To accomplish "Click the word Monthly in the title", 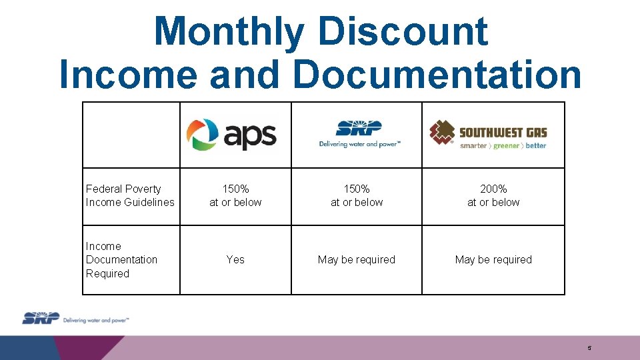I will (x=229, y=31).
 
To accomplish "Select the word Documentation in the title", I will (x=437, y=74).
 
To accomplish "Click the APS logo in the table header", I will (x=231, y=135).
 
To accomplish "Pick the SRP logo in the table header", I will (x=359, y=133).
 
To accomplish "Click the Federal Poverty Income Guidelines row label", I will (x=130, y=195).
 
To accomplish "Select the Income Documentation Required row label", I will (x=121, y=259).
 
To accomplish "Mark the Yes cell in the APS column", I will (x=235, y=259).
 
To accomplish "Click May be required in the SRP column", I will (x=357, y=259).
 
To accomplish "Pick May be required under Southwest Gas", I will (x=493, y=259).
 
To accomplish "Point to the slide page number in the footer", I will (x=589, y=348).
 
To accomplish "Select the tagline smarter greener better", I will (x=503, y=145).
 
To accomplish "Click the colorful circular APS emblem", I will (x=202, y=135).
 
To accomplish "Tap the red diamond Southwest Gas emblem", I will (x=441, y=133).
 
